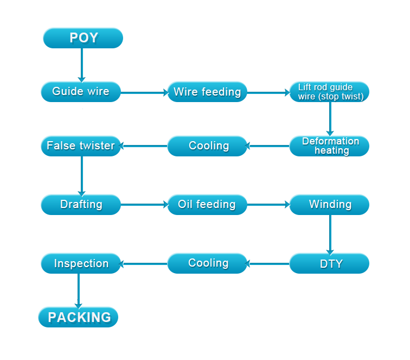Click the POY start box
(x=83, y=38)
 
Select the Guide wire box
(x=81, y=92)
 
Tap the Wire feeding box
(x=207, y=92)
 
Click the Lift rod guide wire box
(x=330, y=92)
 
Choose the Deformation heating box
(x=330, y=146)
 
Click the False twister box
(x=81, y=146)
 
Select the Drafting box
(x=81, y=205)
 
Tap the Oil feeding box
(x=207, y=205)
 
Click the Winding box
(x=330, y=205)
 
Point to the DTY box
(x=330, y=264)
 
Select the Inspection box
(x=81, y=264)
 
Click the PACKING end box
(x=79, y=317)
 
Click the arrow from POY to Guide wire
(x=81, y=65)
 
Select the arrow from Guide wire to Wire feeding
(x=144, y=93)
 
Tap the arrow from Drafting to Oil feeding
(x=144, y=205)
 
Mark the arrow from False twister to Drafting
(x=81, y=175)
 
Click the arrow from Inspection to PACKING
(x=79, y=290)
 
